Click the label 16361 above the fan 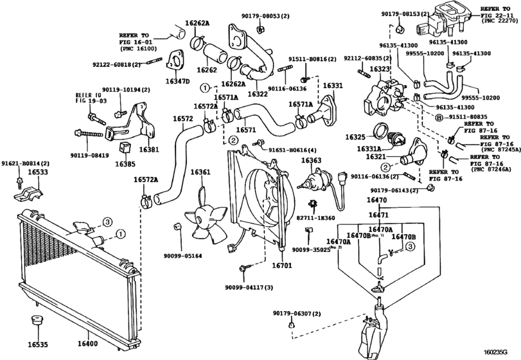200,172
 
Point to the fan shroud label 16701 282,264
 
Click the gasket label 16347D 177,82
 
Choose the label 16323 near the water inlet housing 380,68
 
